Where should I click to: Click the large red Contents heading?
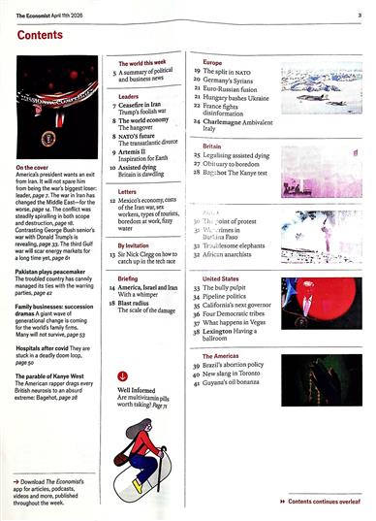(x=46, y=36)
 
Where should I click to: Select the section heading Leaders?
(x=129, y=97)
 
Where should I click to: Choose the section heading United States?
(x=221, y=277)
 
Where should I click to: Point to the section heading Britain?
(x=211, y=144)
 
